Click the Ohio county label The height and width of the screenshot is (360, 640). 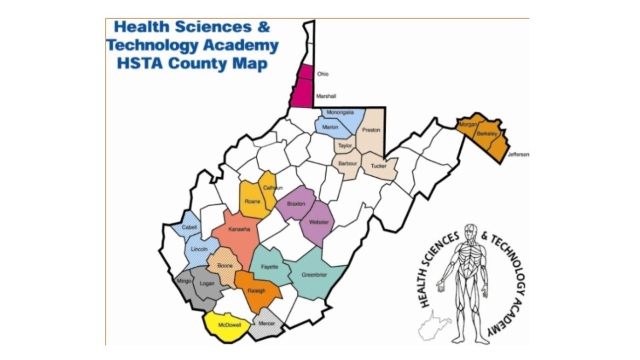(323, 75)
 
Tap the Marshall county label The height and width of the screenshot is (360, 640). (325, 97)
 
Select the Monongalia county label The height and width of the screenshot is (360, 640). (340, 114)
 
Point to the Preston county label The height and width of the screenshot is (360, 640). (371, 131)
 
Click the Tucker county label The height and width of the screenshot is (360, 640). (378, 165)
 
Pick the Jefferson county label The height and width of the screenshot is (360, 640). (518, 155)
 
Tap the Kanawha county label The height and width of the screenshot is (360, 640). (239, 229)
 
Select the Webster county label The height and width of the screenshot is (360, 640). (319, 222)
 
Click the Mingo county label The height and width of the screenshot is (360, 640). (184, 281)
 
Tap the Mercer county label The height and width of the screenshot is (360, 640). (267, 323)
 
